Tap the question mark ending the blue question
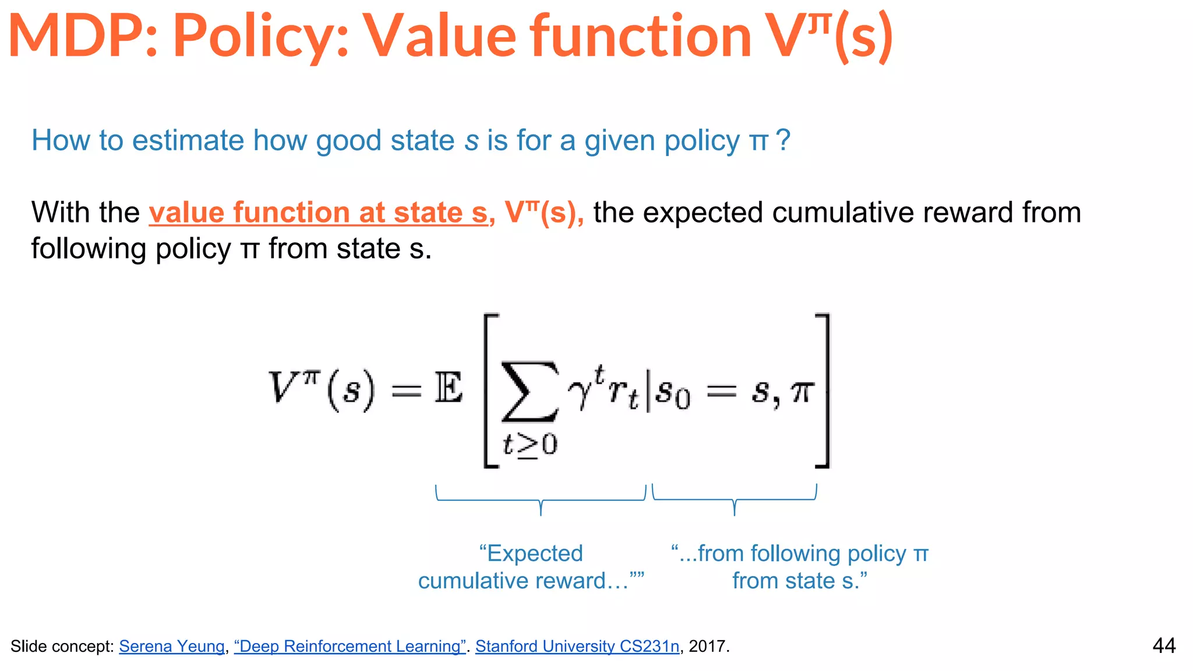pyautogui.click(x=783, y=140)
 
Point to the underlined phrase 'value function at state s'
pyautogui.click(x=318, y=213)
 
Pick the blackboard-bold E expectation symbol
pyautogui.click(x=449, y=389)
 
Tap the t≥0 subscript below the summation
pyautogui.click(x=530, y=446)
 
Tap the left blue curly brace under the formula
pyautogui.click(x=541, y=499)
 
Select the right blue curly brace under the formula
pyautogui.click(x=735, y=499)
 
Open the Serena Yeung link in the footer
pyautogui.click(x=172, y=647)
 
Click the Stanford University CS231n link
pyautogui.click(x=577, y=647)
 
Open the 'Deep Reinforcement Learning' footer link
pyautogui.click(x=350, y=647)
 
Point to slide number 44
pyautogui.click(x=1164, y=645)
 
